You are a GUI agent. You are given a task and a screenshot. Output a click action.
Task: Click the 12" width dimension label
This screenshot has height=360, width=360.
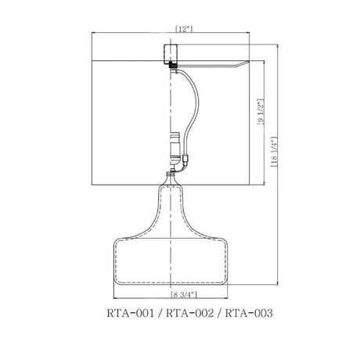coord(184,29)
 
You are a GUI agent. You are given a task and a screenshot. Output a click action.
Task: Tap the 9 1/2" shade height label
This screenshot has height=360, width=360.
coord(261,112)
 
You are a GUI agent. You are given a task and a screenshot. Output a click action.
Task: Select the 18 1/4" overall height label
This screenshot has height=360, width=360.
coord(275,152)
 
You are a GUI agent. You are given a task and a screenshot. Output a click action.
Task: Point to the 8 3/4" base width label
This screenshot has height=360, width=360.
coord(184,295)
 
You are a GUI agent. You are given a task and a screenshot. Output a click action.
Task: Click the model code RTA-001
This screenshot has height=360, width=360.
coord(131,313)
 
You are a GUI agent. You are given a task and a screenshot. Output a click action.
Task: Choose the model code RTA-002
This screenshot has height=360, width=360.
coord(190,313)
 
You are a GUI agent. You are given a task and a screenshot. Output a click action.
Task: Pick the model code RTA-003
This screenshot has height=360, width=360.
coord(249,313)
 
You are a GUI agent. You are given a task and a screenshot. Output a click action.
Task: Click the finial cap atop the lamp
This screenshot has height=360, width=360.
coord(171,54)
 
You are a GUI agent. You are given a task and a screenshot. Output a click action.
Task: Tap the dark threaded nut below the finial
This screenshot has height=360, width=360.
coord(172,65)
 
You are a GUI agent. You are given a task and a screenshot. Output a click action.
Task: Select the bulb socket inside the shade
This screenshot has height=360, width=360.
coord(175,149)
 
